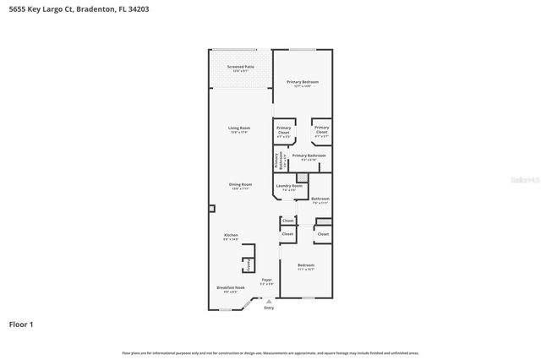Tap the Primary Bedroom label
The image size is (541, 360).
302,82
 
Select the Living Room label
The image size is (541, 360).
239,128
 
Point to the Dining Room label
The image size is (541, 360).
240,184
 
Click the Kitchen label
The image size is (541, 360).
231,235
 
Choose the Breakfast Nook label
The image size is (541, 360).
230,287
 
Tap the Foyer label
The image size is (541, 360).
266,280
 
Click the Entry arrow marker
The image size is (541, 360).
269,301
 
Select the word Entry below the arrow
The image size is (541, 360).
269,308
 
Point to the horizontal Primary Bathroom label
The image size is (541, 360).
309,155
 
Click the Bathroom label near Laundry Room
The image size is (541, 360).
320,199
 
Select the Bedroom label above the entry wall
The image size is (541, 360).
306,265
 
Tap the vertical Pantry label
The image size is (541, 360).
248,266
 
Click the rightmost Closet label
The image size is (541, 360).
323,233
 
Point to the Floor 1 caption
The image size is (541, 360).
21,324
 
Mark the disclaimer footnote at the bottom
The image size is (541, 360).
270,352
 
